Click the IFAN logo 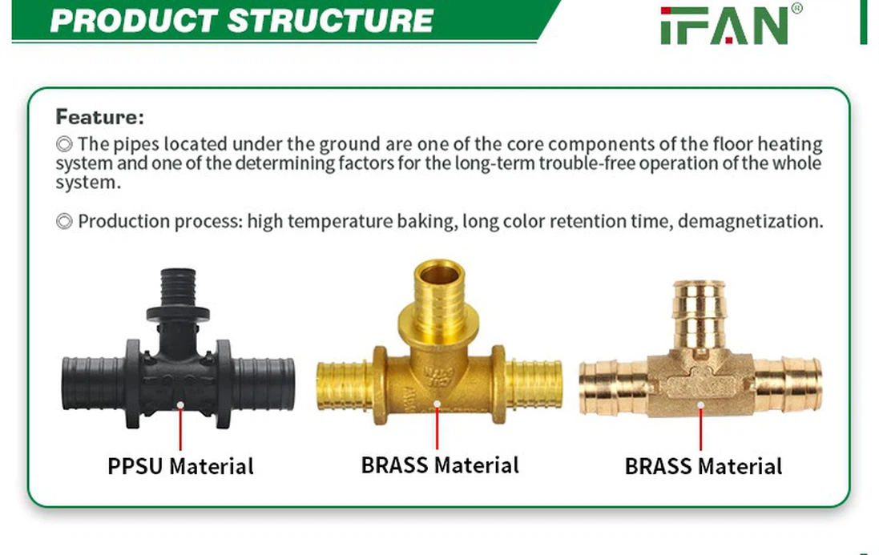tap(731, 24)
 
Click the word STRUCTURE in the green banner tap(330, 21)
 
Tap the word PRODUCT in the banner tap(134, 21)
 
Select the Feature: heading tap(100, 117)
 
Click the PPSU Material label tap(180, 466)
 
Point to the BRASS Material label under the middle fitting tap(440, 465)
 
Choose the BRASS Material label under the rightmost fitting tap(704, 466)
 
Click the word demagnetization tap(750, 222)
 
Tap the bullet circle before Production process tap(64, 222)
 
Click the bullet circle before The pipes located tap(64, 144)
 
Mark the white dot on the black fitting tap(180, 405)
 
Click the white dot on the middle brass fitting tap(437, 404)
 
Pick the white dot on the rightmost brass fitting tap(701, 405)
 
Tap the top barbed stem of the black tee tap(178, 288)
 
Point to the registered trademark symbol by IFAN tap(796, 8)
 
